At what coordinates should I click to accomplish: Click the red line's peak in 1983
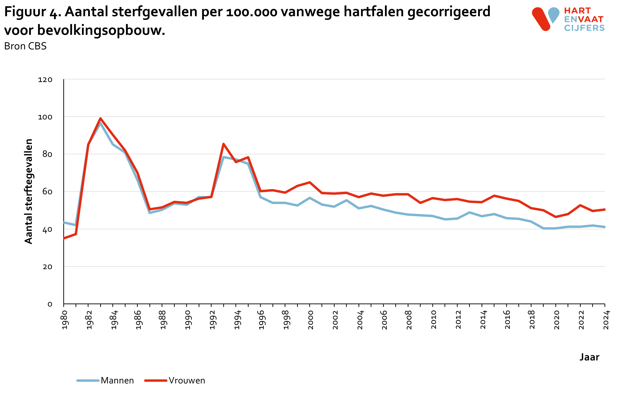click(100, 119)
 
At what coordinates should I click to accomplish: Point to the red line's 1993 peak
click(223, 144)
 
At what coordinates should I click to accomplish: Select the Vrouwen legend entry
click(175, 381)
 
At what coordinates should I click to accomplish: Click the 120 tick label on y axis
click(45, 80)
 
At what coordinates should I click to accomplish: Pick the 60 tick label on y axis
click(47, 192)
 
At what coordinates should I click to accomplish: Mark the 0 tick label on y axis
click(49, 304)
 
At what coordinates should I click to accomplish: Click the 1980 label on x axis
click(65, 320)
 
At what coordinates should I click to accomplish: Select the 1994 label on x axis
click(237, 320)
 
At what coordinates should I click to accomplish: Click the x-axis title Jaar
click(589, 357)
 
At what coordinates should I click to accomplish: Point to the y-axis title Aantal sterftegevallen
click(28, 191)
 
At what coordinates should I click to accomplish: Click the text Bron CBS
click(25, 46)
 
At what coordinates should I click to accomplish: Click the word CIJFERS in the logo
click(584, 28)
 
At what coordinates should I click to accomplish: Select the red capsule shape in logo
click(541, 19)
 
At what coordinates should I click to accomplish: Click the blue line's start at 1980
click(64, 222)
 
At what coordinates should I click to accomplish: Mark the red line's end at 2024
click(604, 209)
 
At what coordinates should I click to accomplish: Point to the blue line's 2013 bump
click(470, 212)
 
